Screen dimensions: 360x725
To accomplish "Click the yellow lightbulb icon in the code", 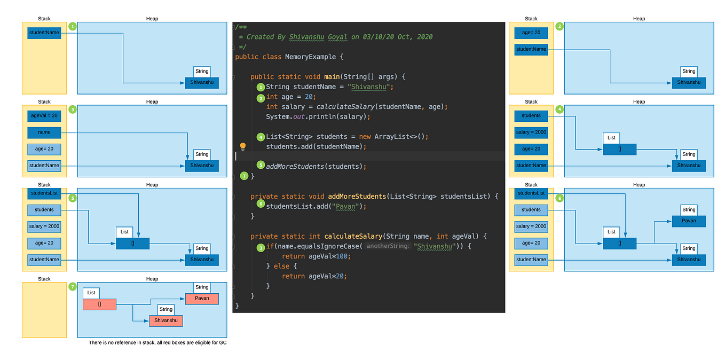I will pos(243,146).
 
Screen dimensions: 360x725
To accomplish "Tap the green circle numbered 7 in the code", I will pos(245,176).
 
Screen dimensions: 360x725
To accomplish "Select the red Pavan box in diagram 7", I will pos(202,298).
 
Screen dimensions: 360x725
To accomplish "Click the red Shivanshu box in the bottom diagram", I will pos(166,320).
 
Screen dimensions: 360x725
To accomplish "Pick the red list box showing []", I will pos(99,304).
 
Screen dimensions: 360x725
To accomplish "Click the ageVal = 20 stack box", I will pos(44,115).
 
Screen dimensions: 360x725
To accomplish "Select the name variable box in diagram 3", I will pos(44,131).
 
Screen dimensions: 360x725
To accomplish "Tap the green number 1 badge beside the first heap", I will pos(73,26).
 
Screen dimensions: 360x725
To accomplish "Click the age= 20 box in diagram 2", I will pos(531,33).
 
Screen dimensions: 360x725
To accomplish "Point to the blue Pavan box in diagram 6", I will pos(689,221).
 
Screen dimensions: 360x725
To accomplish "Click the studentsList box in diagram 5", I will pos(44,193).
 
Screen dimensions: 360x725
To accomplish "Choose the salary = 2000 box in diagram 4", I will pos(531,132).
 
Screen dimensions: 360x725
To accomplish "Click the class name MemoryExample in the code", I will pos(310,57).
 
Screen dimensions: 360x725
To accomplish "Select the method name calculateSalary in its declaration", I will pos(352,236).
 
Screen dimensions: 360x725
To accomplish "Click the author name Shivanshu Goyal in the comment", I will pos(319,37).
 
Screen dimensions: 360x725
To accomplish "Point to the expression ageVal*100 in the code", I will pos(328,256).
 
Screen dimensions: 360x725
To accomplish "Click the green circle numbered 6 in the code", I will pos(261,204).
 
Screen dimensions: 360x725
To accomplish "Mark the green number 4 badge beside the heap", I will pos(559,109).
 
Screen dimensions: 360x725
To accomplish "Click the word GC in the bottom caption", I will pos(223,342).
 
